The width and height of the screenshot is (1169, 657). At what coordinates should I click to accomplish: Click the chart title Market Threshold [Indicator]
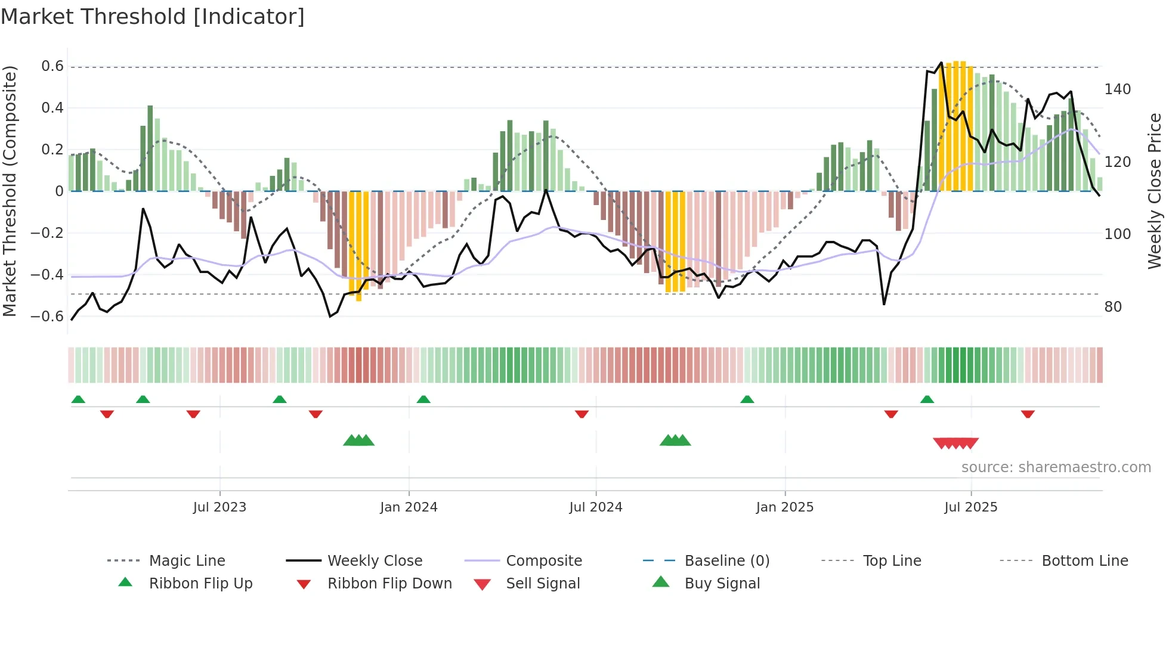point(153,17)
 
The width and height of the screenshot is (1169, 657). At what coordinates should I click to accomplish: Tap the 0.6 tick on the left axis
point(52,66)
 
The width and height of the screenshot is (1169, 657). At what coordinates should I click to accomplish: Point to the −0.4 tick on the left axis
point(47,275)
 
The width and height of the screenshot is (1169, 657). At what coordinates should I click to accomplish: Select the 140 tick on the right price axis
point(1117,89)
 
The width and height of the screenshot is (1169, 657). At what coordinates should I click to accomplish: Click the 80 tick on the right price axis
point(1113,307)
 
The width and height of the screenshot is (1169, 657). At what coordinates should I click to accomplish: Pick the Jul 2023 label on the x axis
point(219,507)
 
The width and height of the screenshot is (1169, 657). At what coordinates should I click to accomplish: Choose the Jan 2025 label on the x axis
point(784,507)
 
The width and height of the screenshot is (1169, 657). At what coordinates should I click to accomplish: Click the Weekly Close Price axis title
point(1155,191)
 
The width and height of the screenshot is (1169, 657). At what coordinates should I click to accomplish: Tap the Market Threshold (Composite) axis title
point(10,191)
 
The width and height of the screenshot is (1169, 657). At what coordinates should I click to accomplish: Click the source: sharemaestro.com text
point(1056,467)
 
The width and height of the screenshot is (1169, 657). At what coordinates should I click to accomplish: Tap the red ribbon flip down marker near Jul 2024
point(582,414)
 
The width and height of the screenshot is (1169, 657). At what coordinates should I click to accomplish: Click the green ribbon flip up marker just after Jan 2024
point(423,399)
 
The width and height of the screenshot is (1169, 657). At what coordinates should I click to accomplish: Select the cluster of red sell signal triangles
point(955,443)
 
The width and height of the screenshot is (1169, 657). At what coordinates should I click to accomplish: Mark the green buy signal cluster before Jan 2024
point(358,441)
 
